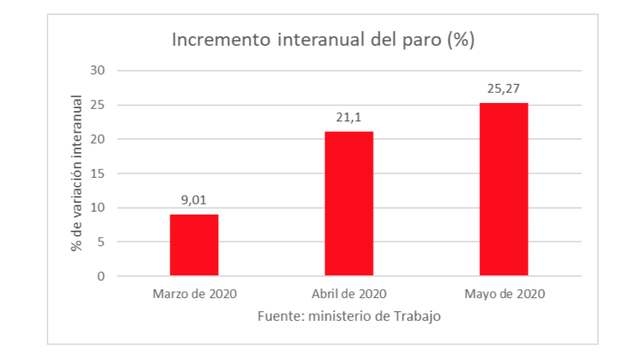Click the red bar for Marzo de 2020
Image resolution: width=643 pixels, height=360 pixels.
point(194,245)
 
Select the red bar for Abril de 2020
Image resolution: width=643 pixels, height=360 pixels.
point(349,203)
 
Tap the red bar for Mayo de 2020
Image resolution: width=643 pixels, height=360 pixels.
point(503,189)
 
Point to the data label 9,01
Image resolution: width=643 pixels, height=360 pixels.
point(194,200)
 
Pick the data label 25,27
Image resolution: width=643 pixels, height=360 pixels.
point(503,88)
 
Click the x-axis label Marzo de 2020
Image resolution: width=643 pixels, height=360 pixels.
point(194,294)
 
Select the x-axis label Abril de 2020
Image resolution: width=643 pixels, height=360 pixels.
point(349,294)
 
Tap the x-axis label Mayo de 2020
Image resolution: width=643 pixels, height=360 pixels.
point(504,294)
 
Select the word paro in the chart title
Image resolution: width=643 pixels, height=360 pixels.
point(421,41)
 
